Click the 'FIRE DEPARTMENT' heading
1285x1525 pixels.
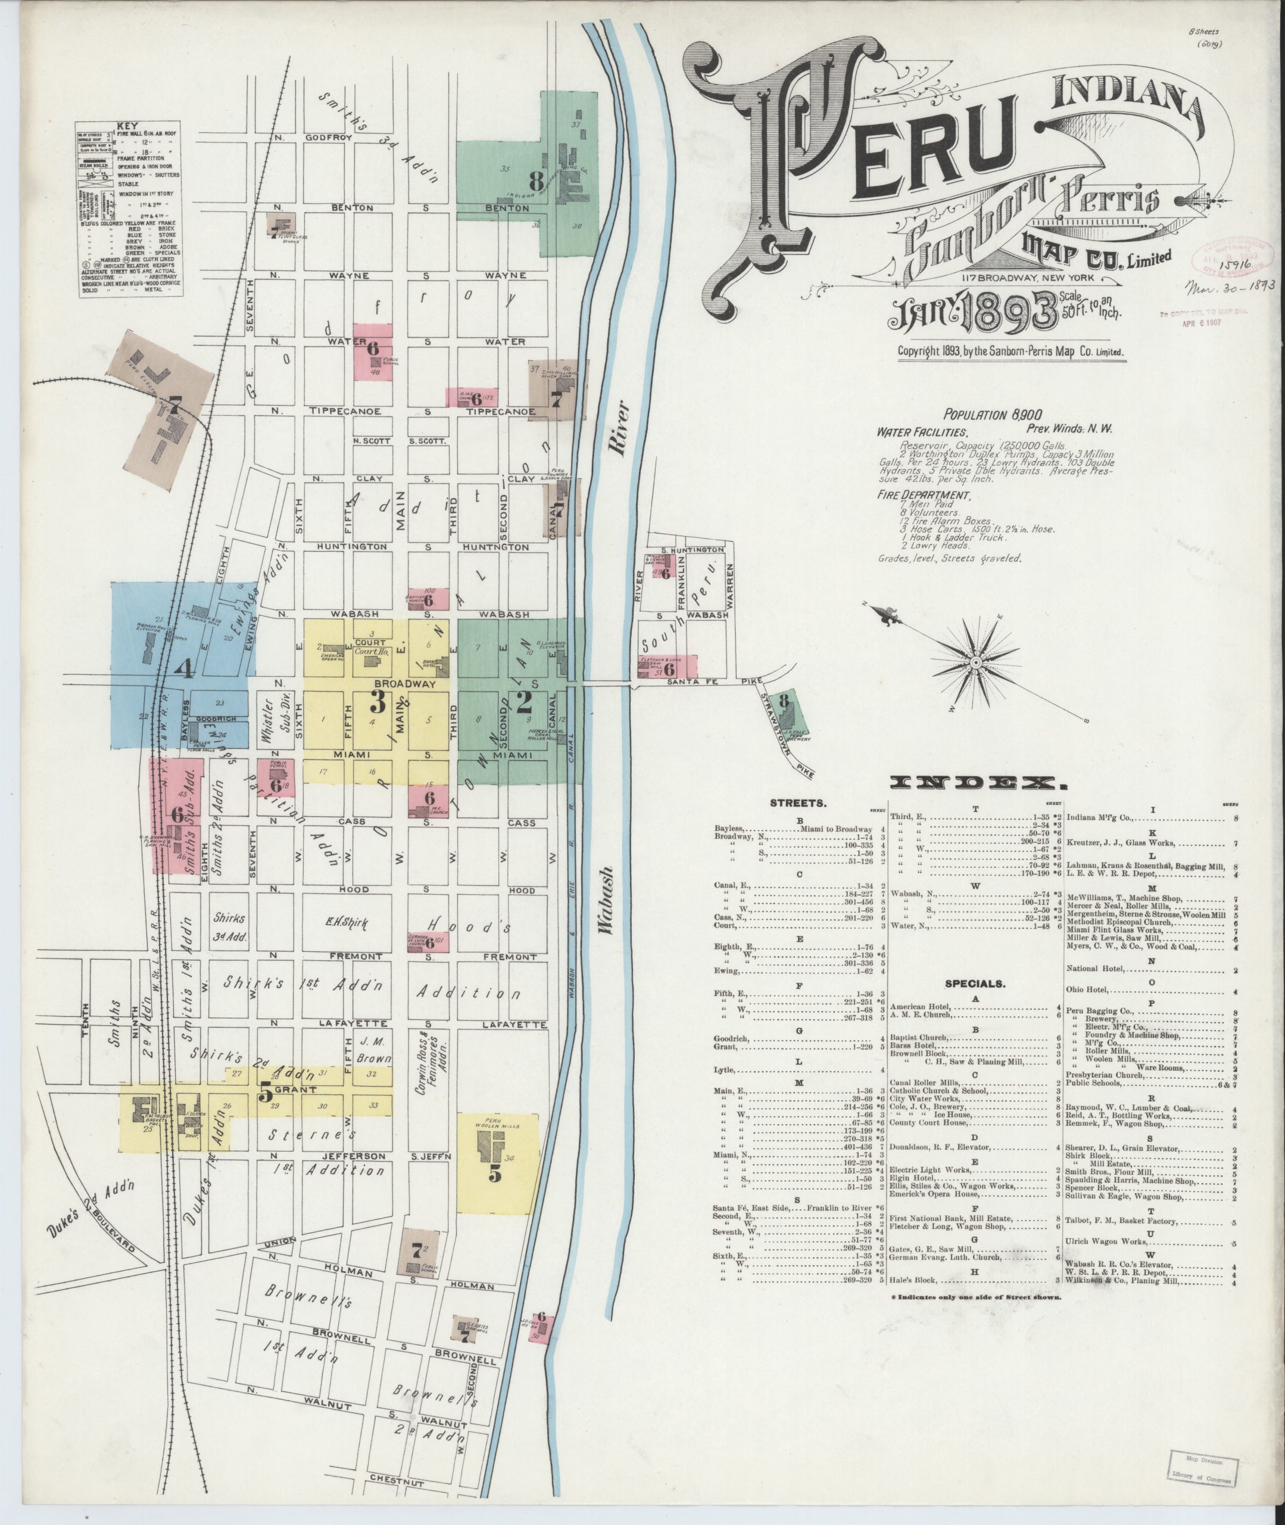(924, 495)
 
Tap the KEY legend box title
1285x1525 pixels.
(127, 125)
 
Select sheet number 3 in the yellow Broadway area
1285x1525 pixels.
(378, 702)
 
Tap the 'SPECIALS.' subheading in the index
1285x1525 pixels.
(975, 984)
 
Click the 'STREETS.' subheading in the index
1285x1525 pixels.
(799, 803)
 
